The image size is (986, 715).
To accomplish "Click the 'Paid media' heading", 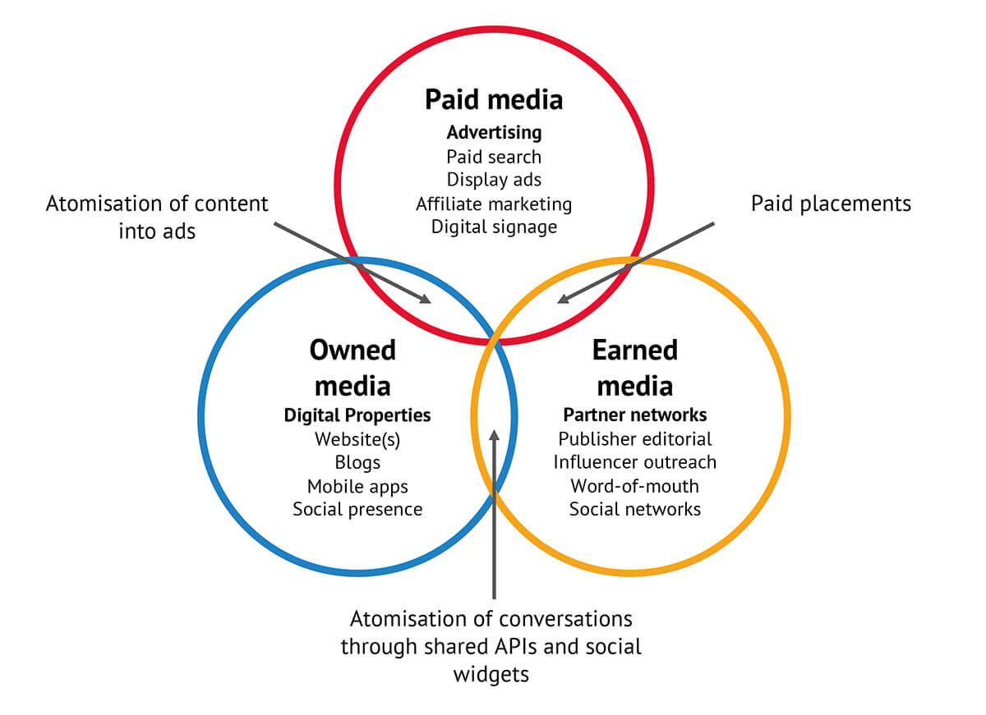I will tap(494, 100).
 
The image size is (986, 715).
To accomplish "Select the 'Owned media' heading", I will tap(352, 367).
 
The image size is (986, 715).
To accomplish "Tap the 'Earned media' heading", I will tap(634, 367).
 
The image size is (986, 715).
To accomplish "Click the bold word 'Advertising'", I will tap(494, 132).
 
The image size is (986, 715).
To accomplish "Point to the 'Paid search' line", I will tap(494, 156).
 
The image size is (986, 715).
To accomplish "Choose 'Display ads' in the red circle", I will tap(494, 179).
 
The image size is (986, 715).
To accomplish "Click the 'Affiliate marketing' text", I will tap(494, 203).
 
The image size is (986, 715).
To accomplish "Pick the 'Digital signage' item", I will tap(494, 227).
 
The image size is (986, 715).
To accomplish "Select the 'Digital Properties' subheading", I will tap(357, 415).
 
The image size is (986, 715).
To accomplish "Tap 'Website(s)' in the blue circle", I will tap(357, 439).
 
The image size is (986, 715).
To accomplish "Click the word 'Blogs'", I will tap(357, 462).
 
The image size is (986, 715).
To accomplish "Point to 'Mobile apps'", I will tap(357, 486).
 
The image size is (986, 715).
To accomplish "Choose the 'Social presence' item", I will tap(357, 509).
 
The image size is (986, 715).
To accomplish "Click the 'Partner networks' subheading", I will tap(635, 415).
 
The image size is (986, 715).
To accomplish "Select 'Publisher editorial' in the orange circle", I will tap(635, 439).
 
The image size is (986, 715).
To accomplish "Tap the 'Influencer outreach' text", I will tap(635, 462).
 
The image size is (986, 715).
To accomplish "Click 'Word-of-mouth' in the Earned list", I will tap(635, 486).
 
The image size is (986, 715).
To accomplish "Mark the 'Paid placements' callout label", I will tap(831, 204).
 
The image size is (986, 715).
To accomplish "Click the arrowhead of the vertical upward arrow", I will tap(494, 436).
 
